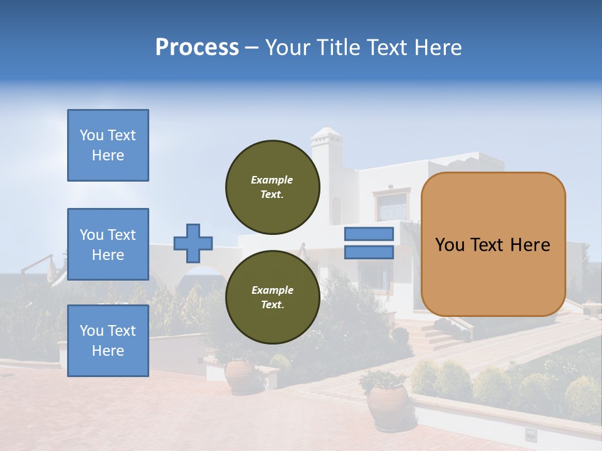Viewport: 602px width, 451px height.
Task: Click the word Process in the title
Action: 197,48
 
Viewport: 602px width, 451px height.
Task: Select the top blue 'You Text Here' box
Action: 108,145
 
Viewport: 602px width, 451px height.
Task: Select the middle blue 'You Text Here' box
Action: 108,244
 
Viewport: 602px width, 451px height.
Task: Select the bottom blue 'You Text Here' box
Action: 108,341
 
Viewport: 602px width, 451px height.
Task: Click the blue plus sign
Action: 193,243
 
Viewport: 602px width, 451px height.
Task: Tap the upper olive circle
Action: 272,187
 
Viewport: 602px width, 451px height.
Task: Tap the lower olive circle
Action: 272,297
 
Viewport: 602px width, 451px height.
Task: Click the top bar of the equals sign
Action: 369,234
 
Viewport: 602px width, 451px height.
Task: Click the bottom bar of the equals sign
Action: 369,252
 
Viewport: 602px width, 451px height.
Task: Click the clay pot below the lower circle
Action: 240,376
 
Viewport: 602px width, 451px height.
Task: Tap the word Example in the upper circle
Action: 272,180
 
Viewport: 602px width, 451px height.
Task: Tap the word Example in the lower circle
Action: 272,290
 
